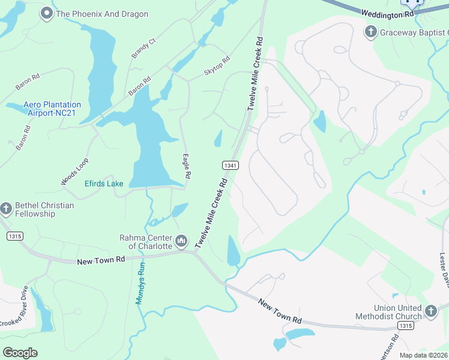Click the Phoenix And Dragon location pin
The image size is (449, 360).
coord(46,14)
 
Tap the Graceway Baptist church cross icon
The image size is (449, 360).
coord(372,32)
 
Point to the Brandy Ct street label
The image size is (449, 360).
coord(143,49)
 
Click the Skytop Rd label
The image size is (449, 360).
coord(217,65)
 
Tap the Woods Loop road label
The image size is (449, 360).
coord(75,171)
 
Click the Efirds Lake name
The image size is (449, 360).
coord(104,184)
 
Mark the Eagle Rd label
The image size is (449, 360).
coord(187,166)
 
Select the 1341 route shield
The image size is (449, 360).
coord(231,165)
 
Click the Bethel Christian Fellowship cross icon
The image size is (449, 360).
coord(7,209)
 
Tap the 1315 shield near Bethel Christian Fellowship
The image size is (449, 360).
coord(15,236)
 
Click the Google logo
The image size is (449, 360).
coord(20,352)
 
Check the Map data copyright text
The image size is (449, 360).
coord(423,355)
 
